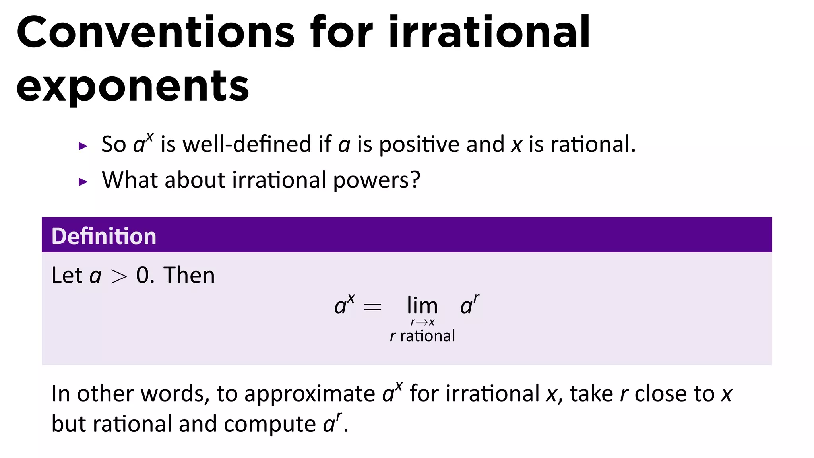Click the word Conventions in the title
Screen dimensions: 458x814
(155, 33)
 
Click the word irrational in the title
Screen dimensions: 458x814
(489, 33)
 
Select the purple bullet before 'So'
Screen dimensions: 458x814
(83, 146)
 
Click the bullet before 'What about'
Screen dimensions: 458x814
(83, 182)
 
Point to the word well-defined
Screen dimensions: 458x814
(247, 144)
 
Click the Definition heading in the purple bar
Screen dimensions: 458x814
(104, 236)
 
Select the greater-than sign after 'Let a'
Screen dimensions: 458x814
(118, 276)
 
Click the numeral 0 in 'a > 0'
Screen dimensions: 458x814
(143, 275)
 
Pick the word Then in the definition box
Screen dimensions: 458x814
(189, 275)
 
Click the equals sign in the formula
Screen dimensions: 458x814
(372, 307)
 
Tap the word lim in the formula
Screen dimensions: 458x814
(422, 306)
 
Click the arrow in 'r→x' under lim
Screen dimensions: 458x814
(422, 322)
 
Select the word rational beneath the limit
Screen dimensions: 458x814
(427, 336)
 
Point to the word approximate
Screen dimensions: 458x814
(309, 394)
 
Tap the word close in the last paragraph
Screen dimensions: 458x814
(661, 394)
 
